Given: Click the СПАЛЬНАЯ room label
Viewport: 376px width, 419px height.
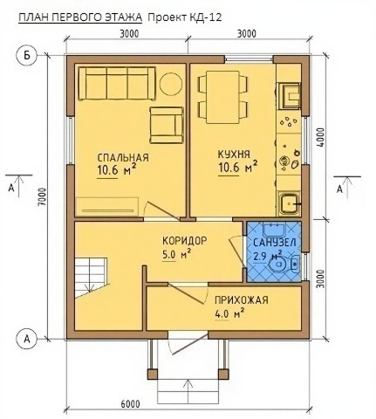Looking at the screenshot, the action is [x=123, y=158].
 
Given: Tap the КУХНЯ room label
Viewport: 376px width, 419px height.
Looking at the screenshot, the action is [x=234, y=155].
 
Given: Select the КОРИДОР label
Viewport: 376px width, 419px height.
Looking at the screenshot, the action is [x=185, y=241].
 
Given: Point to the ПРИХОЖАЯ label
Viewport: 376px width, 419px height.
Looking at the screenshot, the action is [x=242, y=300].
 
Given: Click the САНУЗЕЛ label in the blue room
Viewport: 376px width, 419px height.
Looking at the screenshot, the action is [x=275, y=242].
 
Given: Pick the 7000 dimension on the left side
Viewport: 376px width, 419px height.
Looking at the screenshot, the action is [x=43, y=196].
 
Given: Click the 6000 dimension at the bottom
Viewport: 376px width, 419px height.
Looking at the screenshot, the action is [x=130, y=404].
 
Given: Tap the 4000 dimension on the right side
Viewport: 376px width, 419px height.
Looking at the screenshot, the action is [x=320, y=138].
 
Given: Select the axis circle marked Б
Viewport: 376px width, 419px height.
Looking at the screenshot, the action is [x=27, y=55].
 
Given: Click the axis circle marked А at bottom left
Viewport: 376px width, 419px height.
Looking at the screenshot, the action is [x=27, y=339].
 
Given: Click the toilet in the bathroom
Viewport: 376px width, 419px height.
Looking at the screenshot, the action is [x=284, y=264].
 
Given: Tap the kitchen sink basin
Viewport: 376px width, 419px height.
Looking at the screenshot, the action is [x=289, y=203].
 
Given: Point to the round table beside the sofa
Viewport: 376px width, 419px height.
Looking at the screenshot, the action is [x=171, y=84].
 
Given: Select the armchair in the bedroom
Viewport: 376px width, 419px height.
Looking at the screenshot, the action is [x=167, y=125].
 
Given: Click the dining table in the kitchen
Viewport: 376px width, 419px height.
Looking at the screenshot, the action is [x=223, y=97].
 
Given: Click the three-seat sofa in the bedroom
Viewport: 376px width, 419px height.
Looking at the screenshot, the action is [x=117, y=84].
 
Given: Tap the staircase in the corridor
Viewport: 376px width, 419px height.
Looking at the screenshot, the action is [x=91, y=277].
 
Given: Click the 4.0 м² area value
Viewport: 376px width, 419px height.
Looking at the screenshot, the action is [x=229, y=314].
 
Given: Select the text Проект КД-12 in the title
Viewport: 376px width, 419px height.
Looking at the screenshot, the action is [x=185, y=17].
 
